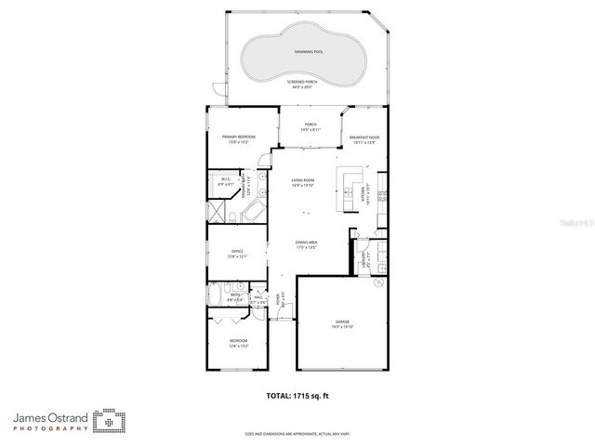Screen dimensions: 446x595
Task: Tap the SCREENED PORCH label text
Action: click(x=303, y=85)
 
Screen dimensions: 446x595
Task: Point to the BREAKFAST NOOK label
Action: click(x=364, y=139)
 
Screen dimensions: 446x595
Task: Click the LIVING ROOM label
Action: click(x=304, y=183)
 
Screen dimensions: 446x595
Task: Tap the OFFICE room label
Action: click(x=237, y=254)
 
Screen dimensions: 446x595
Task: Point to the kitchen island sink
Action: click(x=349, y=177)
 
